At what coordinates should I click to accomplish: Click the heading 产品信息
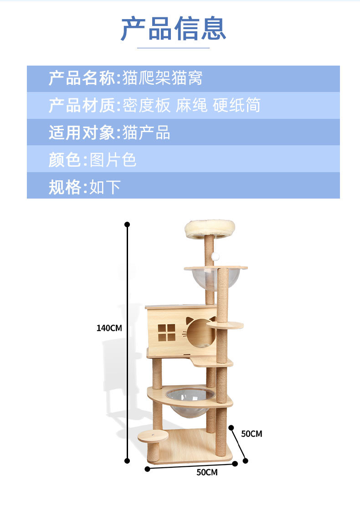(x=173, y=29)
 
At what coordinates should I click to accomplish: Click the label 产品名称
(x=82, y=78)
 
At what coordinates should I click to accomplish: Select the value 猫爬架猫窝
(x=162, y=78)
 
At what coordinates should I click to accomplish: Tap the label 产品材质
(x=82, y=105)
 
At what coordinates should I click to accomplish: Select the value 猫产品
(x=146, y=133)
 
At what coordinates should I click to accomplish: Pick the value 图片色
(x=113, y=160)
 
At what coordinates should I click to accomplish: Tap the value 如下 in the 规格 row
(x=105, y=187)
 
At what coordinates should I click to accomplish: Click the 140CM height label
(x=109, y=327)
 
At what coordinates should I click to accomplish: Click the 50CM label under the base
(x=207, y=472)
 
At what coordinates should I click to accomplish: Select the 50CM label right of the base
(x=252, y=434)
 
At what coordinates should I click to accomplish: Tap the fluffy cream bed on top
(x=210, y=229)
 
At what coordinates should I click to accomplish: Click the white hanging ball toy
(x=215, y=257)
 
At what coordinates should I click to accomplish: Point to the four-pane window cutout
(x=166, y=333)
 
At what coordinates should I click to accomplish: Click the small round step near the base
(x=152, y=436)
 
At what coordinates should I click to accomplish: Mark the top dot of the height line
(x=128, y=225)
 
